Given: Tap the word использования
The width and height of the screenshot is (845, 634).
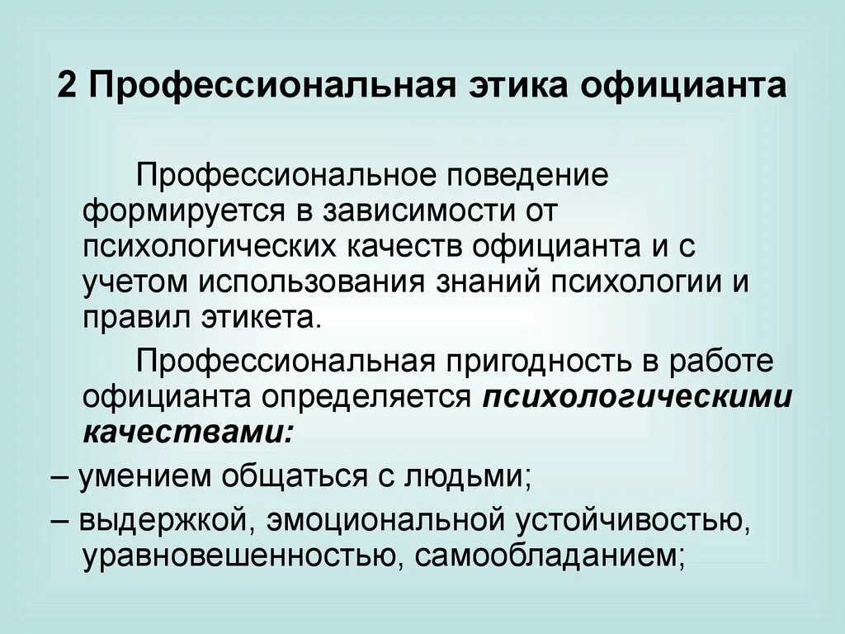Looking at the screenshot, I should point(312,281).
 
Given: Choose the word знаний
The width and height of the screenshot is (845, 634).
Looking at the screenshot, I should point(483,281).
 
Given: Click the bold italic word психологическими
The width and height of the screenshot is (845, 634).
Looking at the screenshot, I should point(637,396).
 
